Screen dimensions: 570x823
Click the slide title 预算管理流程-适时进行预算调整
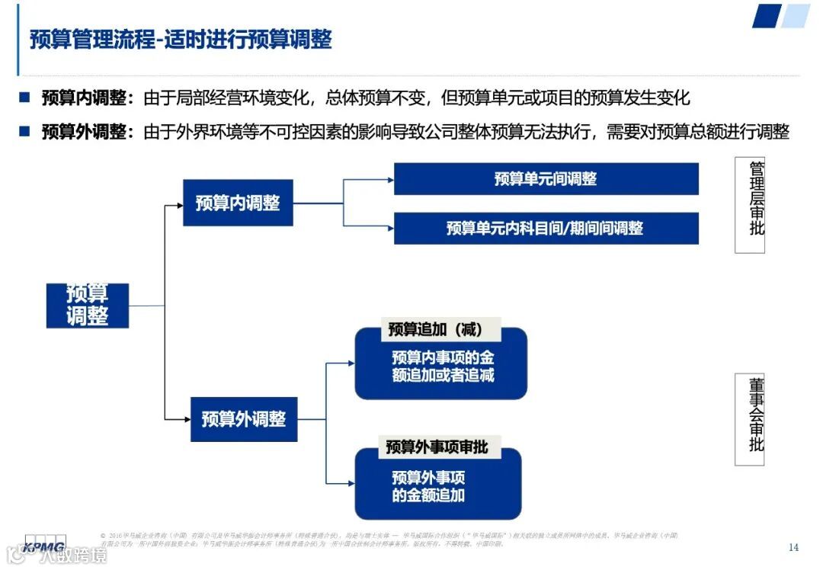181,40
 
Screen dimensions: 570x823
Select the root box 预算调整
88,306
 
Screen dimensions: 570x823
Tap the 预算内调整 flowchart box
238,203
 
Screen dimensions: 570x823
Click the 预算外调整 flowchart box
244,418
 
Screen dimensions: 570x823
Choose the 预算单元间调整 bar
546,179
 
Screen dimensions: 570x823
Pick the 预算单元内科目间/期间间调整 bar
546,228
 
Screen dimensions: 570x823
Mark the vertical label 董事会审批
756,418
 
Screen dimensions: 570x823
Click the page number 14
793,547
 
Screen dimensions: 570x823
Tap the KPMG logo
44,546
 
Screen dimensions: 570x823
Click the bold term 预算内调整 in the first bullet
84,98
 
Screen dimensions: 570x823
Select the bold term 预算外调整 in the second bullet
84,132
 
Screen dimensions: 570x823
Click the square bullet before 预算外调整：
24,132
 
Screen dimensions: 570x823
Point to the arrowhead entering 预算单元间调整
389,180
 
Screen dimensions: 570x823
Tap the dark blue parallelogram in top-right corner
767,16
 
